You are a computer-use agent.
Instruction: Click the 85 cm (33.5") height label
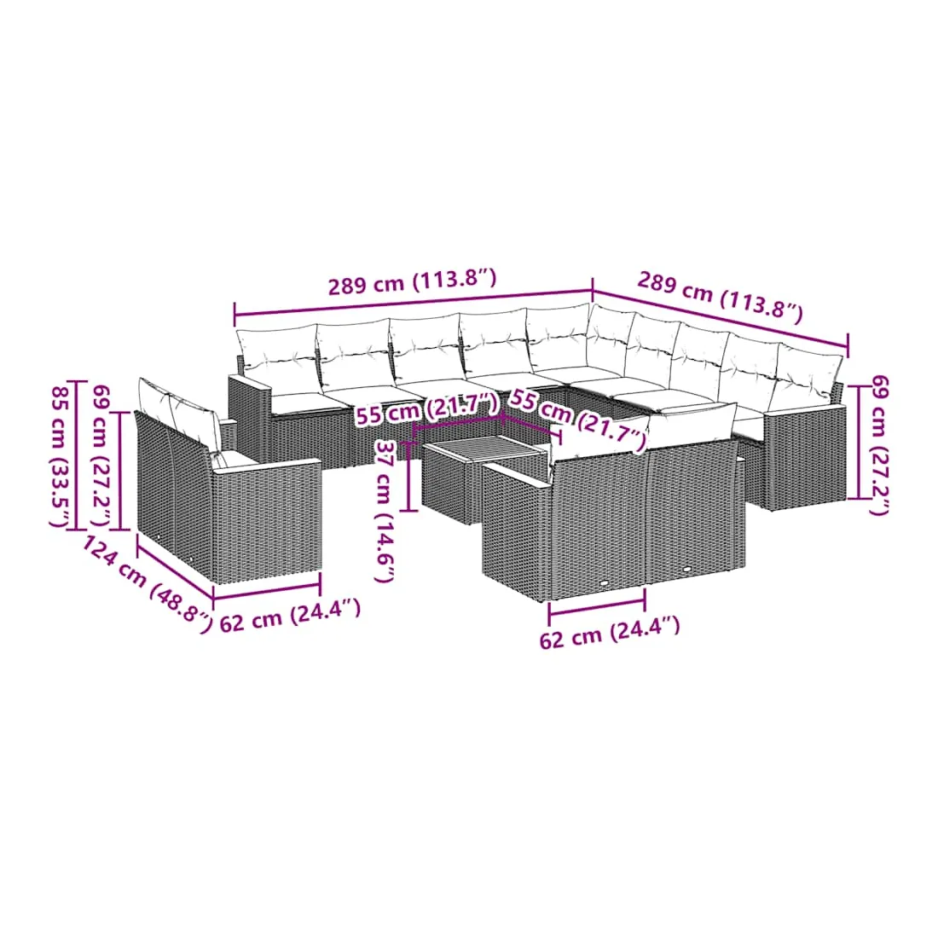coord(61,455)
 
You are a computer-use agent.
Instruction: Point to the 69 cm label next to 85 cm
coord(101,455)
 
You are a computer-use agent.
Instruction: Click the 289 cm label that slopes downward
coord(720,295)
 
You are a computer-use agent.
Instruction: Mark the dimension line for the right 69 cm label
coord(859,442)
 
